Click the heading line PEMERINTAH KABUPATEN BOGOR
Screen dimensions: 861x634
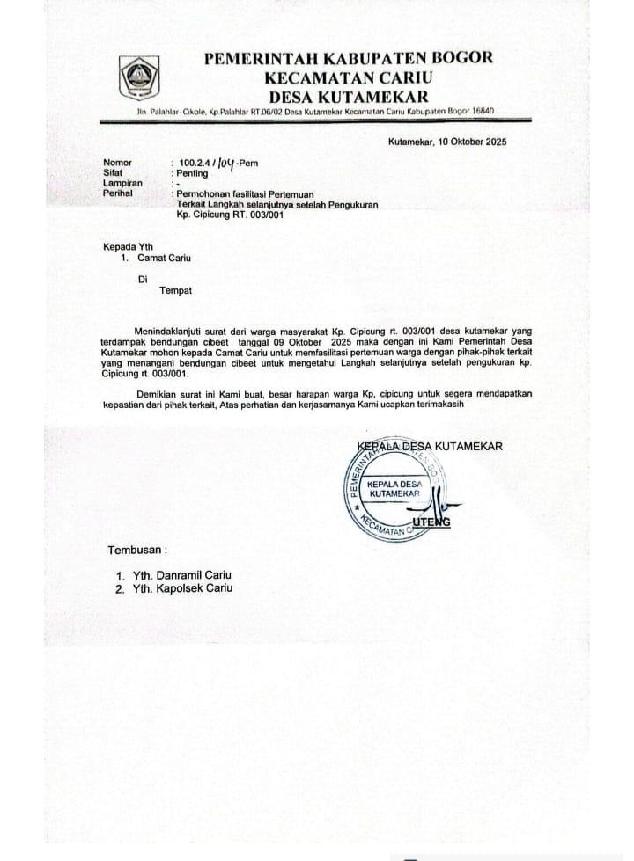pyautogui.click(x=349, y=60)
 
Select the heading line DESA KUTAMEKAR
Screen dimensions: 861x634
pyautogui.click(x=349, y=96)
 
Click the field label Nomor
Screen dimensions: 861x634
pyautogui.click(x=117, y=163)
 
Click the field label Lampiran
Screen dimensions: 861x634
pyautogui.click(x=122, y=183)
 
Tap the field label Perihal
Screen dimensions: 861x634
pyautogui.click(x=119, y=193)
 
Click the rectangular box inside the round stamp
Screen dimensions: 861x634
pyautogui.click(x=395, y=490)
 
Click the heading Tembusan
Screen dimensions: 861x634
pyautogui.click(x=136, y=550)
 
